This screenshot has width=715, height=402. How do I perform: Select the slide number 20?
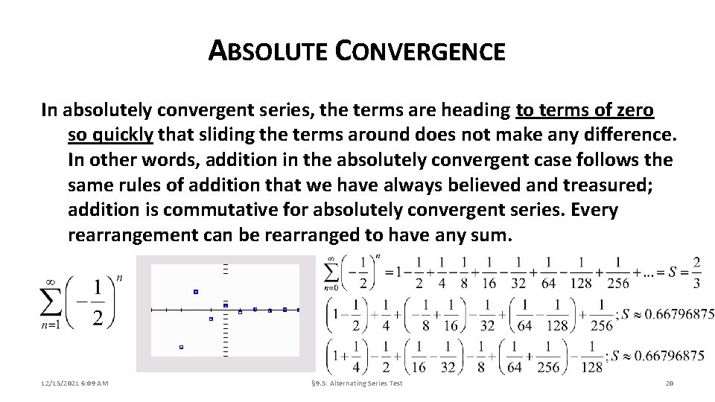tap(668, 383)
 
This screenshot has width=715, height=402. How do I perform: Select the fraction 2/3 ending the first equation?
tap(696, 272)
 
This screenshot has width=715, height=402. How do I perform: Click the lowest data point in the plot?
tap(181, 347)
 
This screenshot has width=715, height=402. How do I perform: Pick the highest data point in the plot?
tap(196, 292)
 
